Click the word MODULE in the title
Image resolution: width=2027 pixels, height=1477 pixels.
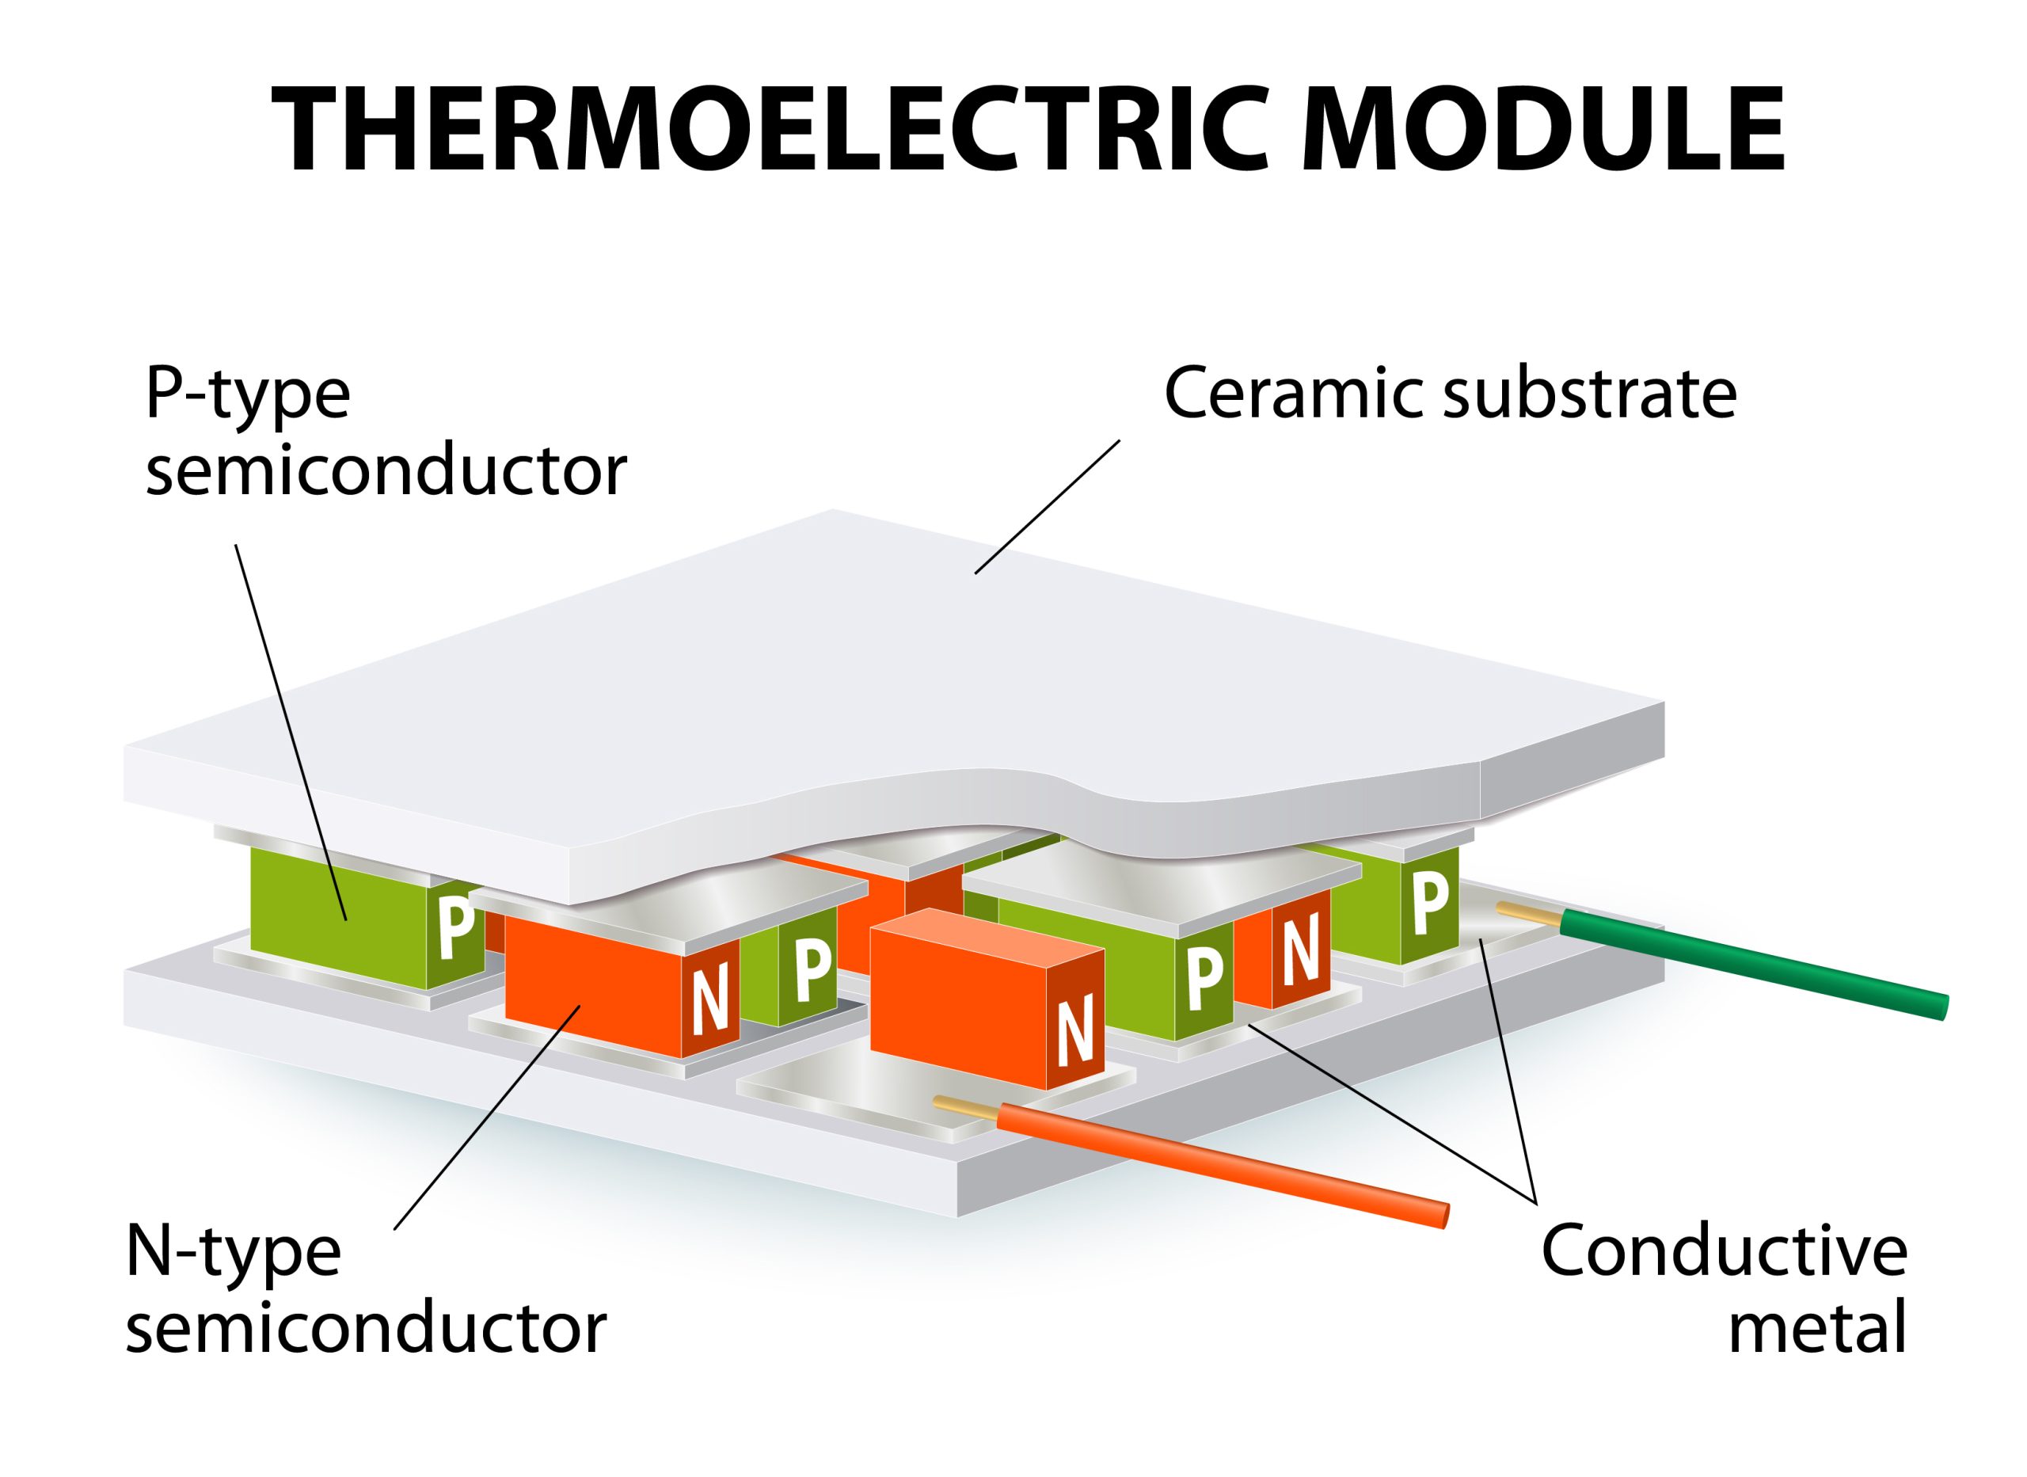pos(1543,130)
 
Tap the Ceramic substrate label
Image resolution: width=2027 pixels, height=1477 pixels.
pos(1451,394)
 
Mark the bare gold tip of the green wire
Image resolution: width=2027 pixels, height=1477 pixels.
pos(1529,913)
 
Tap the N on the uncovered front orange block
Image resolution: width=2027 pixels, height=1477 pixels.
pos(1075,1035)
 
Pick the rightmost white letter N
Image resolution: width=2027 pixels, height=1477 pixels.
pos(1300,948)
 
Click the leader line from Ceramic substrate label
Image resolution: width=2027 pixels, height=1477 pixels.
pos(1047,506)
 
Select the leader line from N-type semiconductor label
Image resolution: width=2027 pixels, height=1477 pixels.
pos(488,1117)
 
